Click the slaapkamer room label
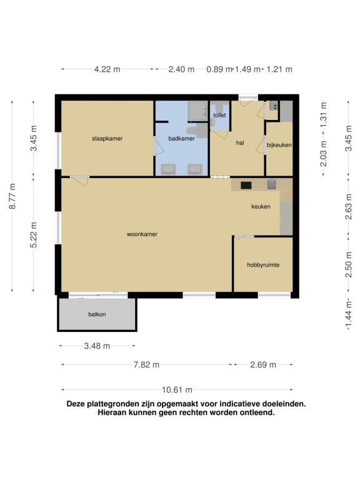pyautogui.click(x=107, y=139)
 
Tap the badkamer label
pyautogui.click(x=181, y=139)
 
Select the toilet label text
pyautogui.click(x=219, y=116)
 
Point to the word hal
pyautogui.click(x=240, y=142)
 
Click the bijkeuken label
pyautogui.click(x=279, y=145)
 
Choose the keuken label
pyautogui.click(x=261, y=207)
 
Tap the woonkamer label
pyautogui.click(x=142, y=234)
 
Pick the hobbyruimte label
pyautogui.click(x=263, y=265)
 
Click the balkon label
pyautogui.click(x=97, y=314)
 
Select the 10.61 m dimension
pyautogui.click(x=177, y=390)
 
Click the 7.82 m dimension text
pyautogui.click(x=146, y=365)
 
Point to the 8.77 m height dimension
pyautogui.click(x=12, y=196)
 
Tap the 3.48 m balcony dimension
pyautogui.click(x=97, y=346)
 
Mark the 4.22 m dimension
pyautogui.click(x=107, y=69)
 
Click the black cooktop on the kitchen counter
pyautogui.click(x=246, y=185)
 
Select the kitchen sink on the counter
pyautogui.click(x=271, y=184)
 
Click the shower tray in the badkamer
pyautogui.click(x=197, y=110)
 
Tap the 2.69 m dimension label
pyautogui.click(x=263, y=365)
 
